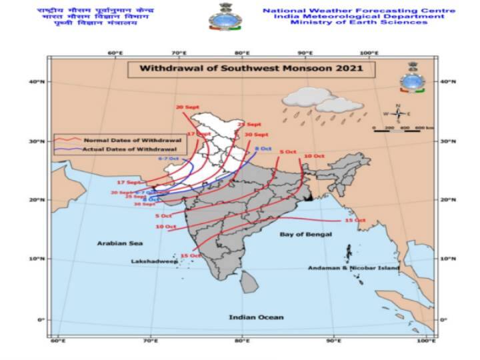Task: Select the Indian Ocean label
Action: click(x=257, y=317)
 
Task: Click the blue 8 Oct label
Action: click(x=263, y=147)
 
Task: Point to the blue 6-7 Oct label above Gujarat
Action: click(x=169, y=158)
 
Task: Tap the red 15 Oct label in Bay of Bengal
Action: click(x=355, y=220)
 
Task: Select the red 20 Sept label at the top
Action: click(x=187, y=107)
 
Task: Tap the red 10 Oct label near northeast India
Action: click(x=313, y=156)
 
